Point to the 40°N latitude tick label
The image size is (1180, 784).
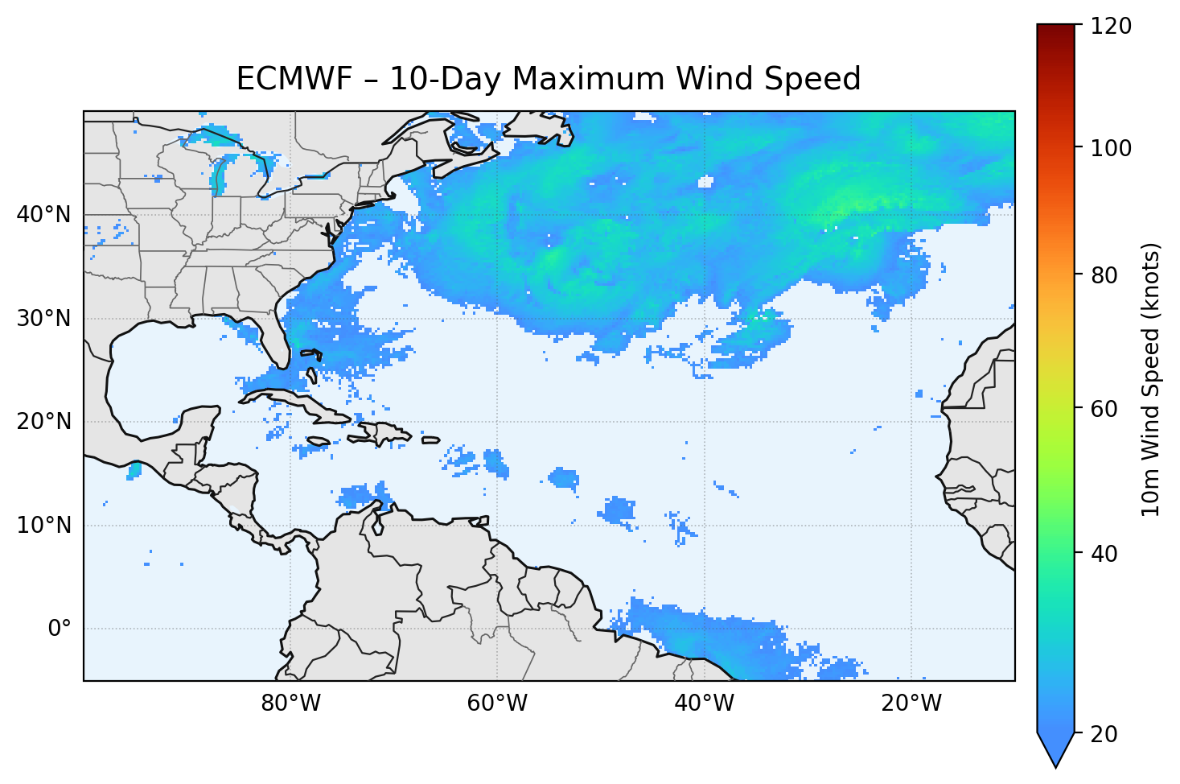(43, 215)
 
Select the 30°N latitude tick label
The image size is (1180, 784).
(43, 319)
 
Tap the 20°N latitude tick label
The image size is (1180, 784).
(43, 422)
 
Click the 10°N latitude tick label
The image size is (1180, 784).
(43, 526)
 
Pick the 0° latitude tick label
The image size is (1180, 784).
(60, 629)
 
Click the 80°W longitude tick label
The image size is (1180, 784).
(290, 704)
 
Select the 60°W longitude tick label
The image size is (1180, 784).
(497, 704)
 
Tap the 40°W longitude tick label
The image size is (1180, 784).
(704, 704)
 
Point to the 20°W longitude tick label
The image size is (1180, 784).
(911, 704)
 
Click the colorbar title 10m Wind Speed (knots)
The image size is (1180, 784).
(1151, 380)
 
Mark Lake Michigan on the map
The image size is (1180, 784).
(218, 175)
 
